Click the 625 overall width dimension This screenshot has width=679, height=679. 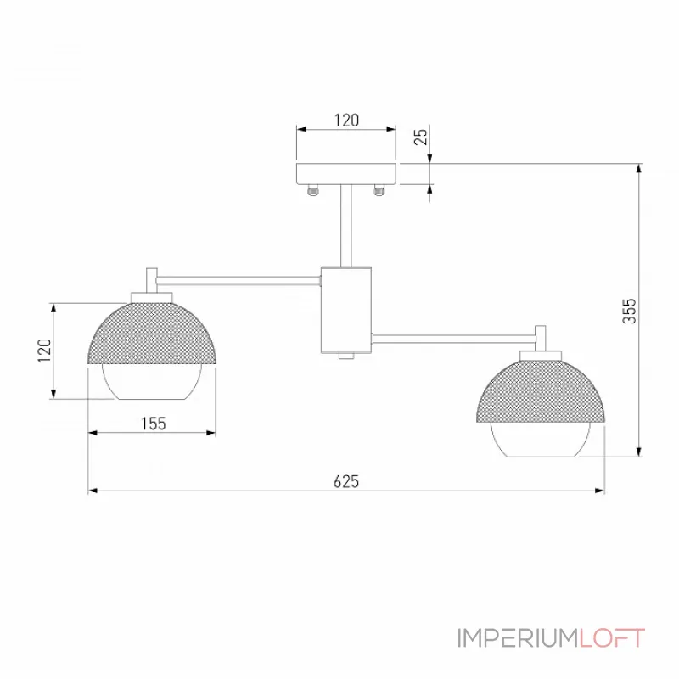(346, 481)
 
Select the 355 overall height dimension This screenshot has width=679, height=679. (630, 311)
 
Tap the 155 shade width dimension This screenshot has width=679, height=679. (154, 424)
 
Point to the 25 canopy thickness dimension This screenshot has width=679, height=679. (420, 137)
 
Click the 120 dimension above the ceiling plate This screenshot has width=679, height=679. (346, 121)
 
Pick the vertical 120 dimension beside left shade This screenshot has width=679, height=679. (44, 351)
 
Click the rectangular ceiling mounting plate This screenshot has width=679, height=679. (346, 174)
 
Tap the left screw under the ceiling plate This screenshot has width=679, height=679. (312, 190)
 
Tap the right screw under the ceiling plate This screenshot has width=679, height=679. (379, 190)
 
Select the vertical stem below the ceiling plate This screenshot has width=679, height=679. (346, 225)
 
